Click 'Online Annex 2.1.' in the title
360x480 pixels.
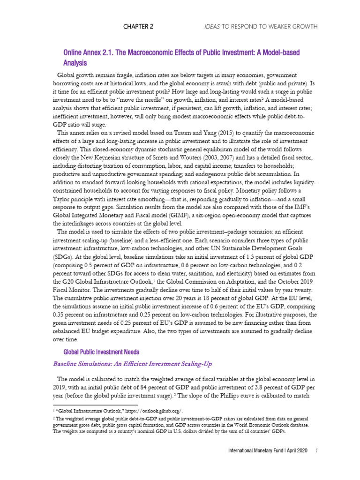[84, 52]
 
